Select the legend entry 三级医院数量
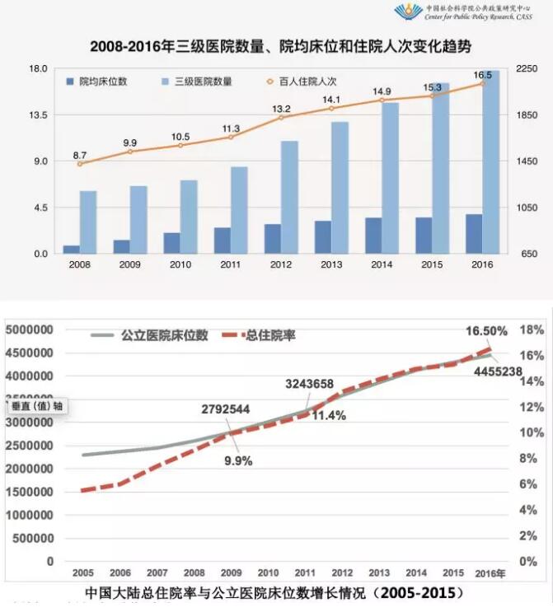point(199,82)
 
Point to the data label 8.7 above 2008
point(80,155)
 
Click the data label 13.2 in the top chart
point(282,109)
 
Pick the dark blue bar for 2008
point(72,249)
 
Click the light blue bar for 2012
point(289,197)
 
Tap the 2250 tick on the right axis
point(527,68)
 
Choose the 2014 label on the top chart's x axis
point(382,264)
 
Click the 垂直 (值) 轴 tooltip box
point(35,405)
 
